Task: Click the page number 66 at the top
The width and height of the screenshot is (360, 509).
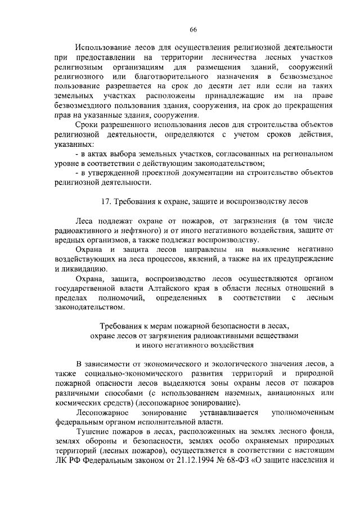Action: [193, 29]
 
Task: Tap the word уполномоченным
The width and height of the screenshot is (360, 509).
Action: [303, 413]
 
